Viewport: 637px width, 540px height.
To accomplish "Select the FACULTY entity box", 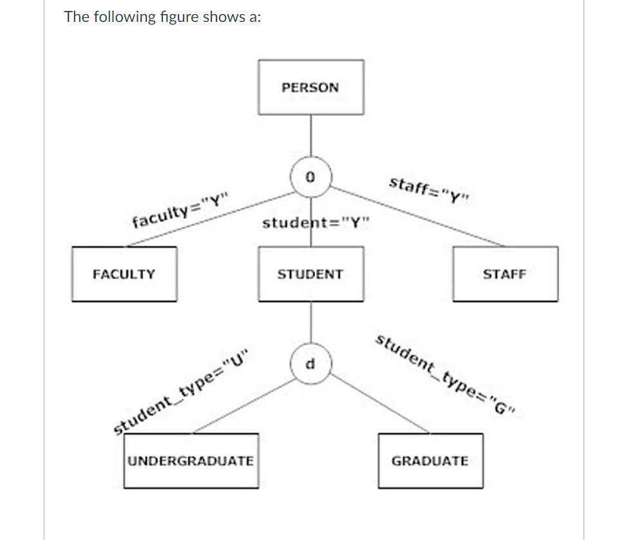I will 124,274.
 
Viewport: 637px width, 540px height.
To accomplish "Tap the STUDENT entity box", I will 310,274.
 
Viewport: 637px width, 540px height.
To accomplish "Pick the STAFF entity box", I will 505,274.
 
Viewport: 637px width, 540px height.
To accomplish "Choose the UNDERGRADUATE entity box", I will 191,461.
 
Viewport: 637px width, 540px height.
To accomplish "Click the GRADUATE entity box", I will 430,461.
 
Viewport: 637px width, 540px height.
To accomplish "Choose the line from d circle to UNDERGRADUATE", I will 245,402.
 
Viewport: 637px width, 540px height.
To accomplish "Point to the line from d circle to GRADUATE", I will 380,403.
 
